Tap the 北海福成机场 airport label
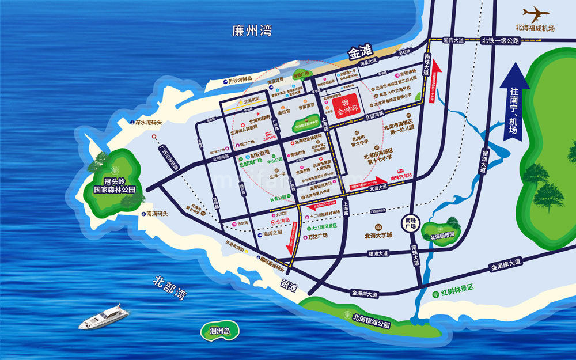coord(535,28)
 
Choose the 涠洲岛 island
coord(219,331)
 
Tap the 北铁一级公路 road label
coord(501,40)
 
